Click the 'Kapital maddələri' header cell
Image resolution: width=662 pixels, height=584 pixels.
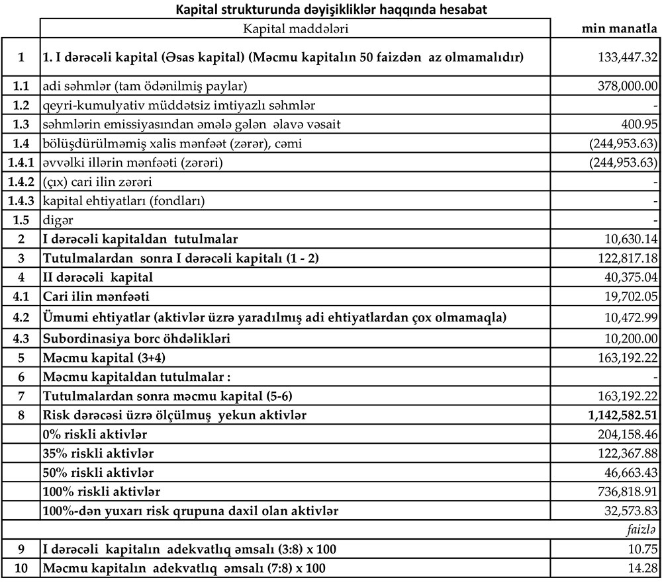[x=296, y=28]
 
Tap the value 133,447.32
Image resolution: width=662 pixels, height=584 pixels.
[x=627, y=58]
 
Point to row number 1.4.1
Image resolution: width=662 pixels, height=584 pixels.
[x=21, y=162]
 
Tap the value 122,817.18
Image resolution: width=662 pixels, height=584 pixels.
[x=627, y=258]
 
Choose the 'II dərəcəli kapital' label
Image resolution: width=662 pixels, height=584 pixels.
[x=97, y=277]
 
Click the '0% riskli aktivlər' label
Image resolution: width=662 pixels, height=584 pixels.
[x=95, y=435]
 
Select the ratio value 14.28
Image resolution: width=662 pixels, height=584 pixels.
[x=645, y=568]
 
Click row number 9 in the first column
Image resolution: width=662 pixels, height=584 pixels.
[x=21, y=549]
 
